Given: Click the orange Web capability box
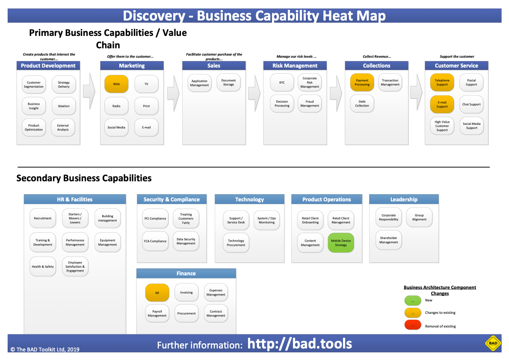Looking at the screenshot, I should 116,84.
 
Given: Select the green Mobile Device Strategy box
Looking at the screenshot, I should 341,243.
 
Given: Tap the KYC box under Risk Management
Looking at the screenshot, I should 282,83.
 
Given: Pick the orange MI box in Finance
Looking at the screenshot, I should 157,292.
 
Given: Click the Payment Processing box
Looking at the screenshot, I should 362,83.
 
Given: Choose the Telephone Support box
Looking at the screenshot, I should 442,83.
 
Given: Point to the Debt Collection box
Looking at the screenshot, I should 362,104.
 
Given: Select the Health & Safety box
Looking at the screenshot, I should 43,266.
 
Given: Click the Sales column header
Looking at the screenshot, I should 214,66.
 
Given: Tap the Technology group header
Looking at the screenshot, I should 249,199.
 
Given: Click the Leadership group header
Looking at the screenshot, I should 404,199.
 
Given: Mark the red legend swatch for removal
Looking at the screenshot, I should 413,325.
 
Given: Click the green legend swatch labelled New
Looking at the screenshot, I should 413,301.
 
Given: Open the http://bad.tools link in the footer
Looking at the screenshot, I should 300,344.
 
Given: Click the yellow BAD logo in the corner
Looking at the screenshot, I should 493,343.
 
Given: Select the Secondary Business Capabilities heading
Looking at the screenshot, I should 84,178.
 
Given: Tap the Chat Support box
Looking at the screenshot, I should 471,104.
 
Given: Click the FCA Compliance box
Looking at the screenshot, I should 155,241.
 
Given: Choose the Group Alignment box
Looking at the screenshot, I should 419,217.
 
